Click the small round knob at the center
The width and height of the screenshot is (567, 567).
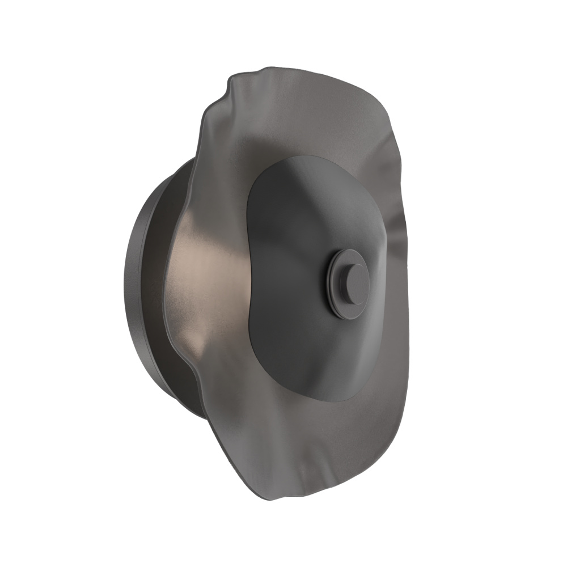tap(351, 282)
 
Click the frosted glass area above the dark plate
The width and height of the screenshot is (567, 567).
tap(295, 113)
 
